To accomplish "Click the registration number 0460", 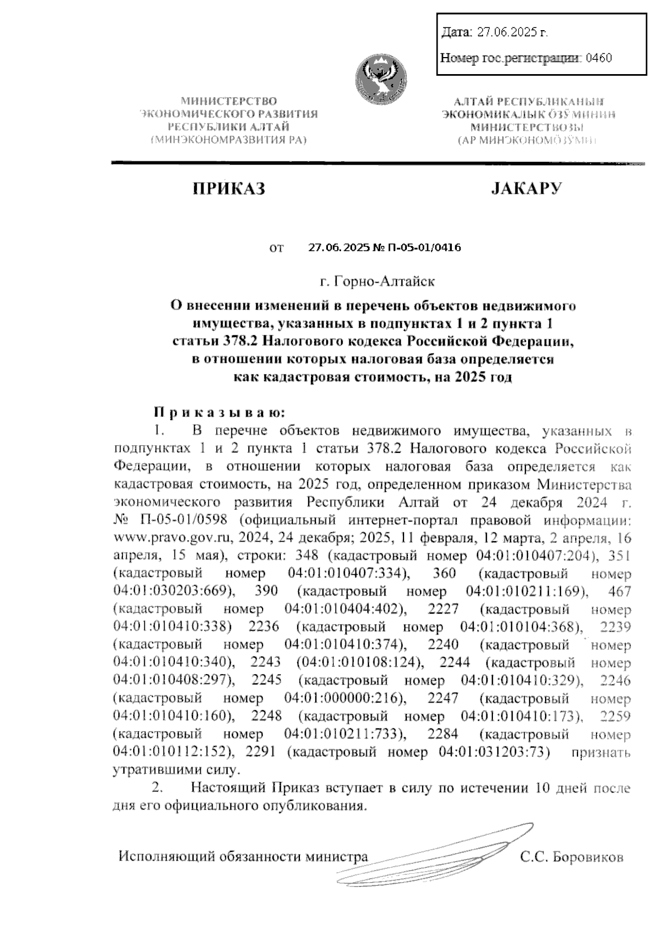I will (599, 58).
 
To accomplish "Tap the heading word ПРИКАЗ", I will (229, 189).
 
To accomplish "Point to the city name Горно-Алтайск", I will (378, 282).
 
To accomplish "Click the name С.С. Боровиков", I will (572, 857).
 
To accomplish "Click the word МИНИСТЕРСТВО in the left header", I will (229, 101).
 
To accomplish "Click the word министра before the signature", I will (337, 857).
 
